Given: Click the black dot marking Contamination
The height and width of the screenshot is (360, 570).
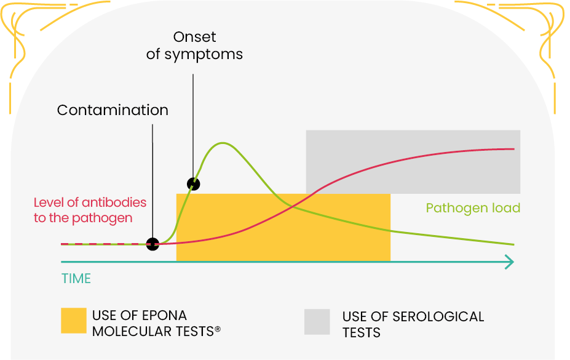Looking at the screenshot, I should pos(152,244).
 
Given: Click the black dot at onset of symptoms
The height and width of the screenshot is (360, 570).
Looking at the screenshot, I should pos(193,183).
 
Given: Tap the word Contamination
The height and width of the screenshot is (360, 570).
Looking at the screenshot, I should pos(113,110).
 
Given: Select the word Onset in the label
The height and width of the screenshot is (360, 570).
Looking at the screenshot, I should pos(194,38).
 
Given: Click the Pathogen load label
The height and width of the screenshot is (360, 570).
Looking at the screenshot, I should pos(473,208).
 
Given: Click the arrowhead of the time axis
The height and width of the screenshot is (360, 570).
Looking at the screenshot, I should pos(510,262).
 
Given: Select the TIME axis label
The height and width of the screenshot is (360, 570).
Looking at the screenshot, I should pos(76,278).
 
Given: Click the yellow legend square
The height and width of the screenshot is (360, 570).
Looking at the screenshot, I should pos(73,321).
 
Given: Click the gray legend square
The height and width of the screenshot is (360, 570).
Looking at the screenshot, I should pos(317,322).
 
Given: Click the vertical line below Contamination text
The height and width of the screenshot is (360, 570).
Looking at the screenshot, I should pos(152,178).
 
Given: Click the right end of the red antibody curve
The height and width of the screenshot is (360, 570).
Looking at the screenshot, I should pos(513,149).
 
